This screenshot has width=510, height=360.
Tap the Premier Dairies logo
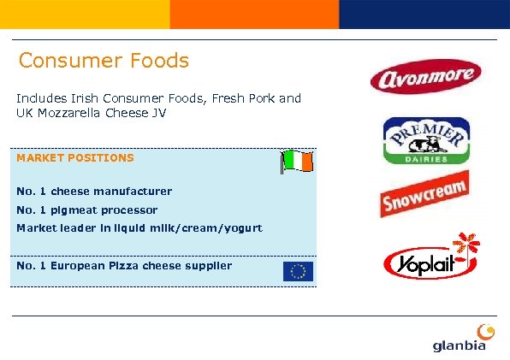pos(425,140)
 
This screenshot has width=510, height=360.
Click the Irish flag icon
pos(298,161)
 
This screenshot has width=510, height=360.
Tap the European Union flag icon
pos(298,271)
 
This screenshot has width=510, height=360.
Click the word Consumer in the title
pos(68,62)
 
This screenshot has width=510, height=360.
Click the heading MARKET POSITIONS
pos(75,158)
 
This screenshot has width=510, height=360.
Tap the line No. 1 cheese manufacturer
pos(94,192)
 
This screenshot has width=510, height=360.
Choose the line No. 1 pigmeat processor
pos(87,210)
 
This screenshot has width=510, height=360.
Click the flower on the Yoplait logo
pos(466,245)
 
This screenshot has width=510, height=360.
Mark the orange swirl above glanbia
pos(485,329)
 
